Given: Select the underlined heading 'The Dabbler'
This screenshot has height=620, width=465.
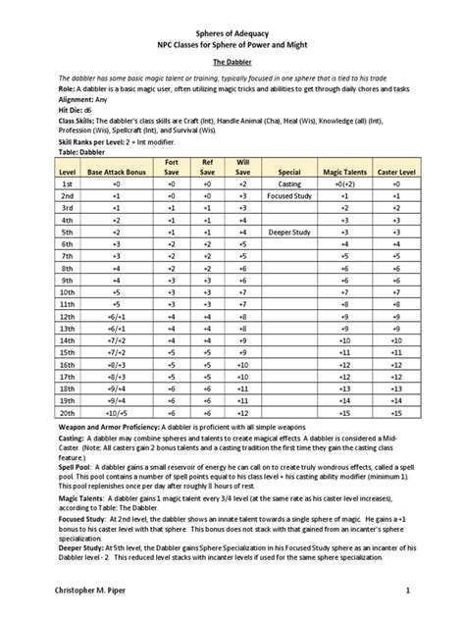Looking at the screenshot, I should [232, 59].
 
